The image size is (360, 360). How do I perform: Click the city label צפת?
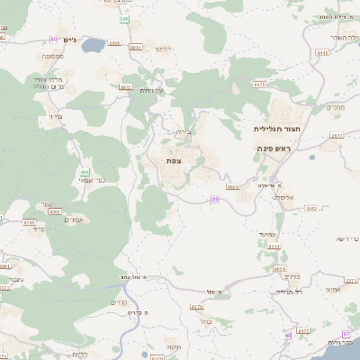174,160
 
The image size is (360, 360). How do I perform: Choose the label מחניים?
335,108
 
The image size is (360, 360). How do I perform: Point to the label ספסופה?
51,57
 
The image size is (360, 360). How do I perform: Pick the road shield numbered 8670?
260,84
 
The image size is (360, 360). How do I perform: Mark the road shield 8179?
197,307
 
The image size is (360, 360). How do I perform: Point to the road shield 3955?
113,42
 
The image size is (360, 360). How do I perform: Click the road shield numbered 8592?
29,222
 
